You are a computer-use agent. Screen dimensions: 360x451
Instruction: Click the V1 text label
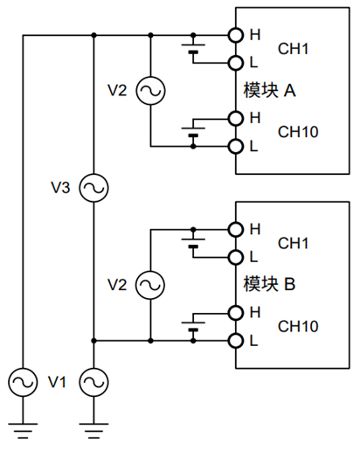coord(57,382)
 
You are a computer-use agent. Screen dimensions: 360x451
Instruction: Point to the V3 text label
coord(60,188)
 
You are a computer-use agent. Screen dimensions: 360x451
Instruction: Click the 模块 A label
coord(269,90)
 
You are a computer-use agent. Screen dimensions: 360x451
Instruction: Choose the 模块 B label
coord(269,284)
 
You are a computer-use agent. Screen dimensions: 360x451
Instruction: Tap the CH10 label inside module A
coord(298,132)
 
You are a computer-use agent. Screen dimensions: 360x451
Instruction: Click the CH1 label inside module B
coord(293,243)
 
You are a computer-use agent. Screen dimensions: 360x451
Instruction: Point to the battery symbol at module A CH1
coord(193,48)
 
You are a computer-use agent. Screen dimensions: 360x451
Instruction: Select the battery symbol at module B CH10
coord(193,326)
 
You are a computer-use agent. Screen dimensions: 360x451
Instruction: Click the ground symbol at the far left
coord(23,431)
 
